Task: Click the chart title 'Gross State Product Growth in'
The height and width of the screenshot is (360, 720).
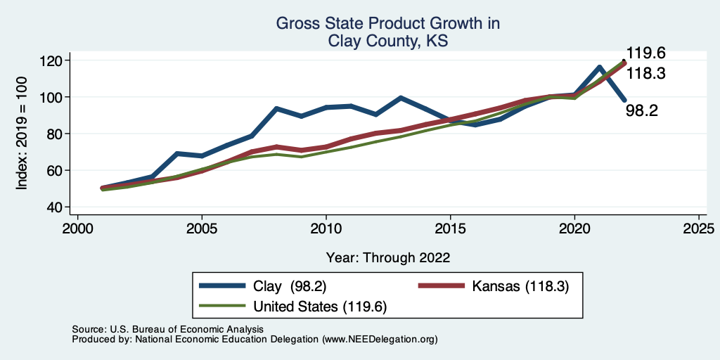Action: click(387, 24)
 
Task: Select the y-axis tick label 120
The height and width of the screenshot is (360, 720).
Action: click(51, 60)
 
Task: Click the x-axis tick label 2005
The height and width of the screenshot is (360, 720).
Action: click(202, 229)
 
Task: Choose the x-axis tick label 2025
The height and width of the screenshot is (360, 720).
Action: click(699, 229)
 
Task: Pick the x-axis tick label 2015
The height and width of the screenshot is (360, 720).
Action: click(450, 229)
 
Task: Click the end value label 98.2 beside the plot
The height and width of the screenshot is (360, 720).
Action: click(642, 110)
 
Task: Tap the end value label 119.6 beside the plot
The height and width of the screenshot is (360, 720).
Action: click(646, 53)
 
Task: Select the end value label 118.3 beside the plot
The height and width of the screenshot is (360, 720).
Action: click(646, 73)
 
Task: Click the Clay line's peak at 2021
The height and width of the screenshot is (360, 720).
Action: click(599, 67)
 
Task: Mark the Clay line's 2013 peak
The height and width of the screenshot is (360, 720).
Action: click(400, 98)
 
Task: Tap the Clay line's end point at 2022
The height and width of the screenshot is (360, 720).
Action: click(624, 100)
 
